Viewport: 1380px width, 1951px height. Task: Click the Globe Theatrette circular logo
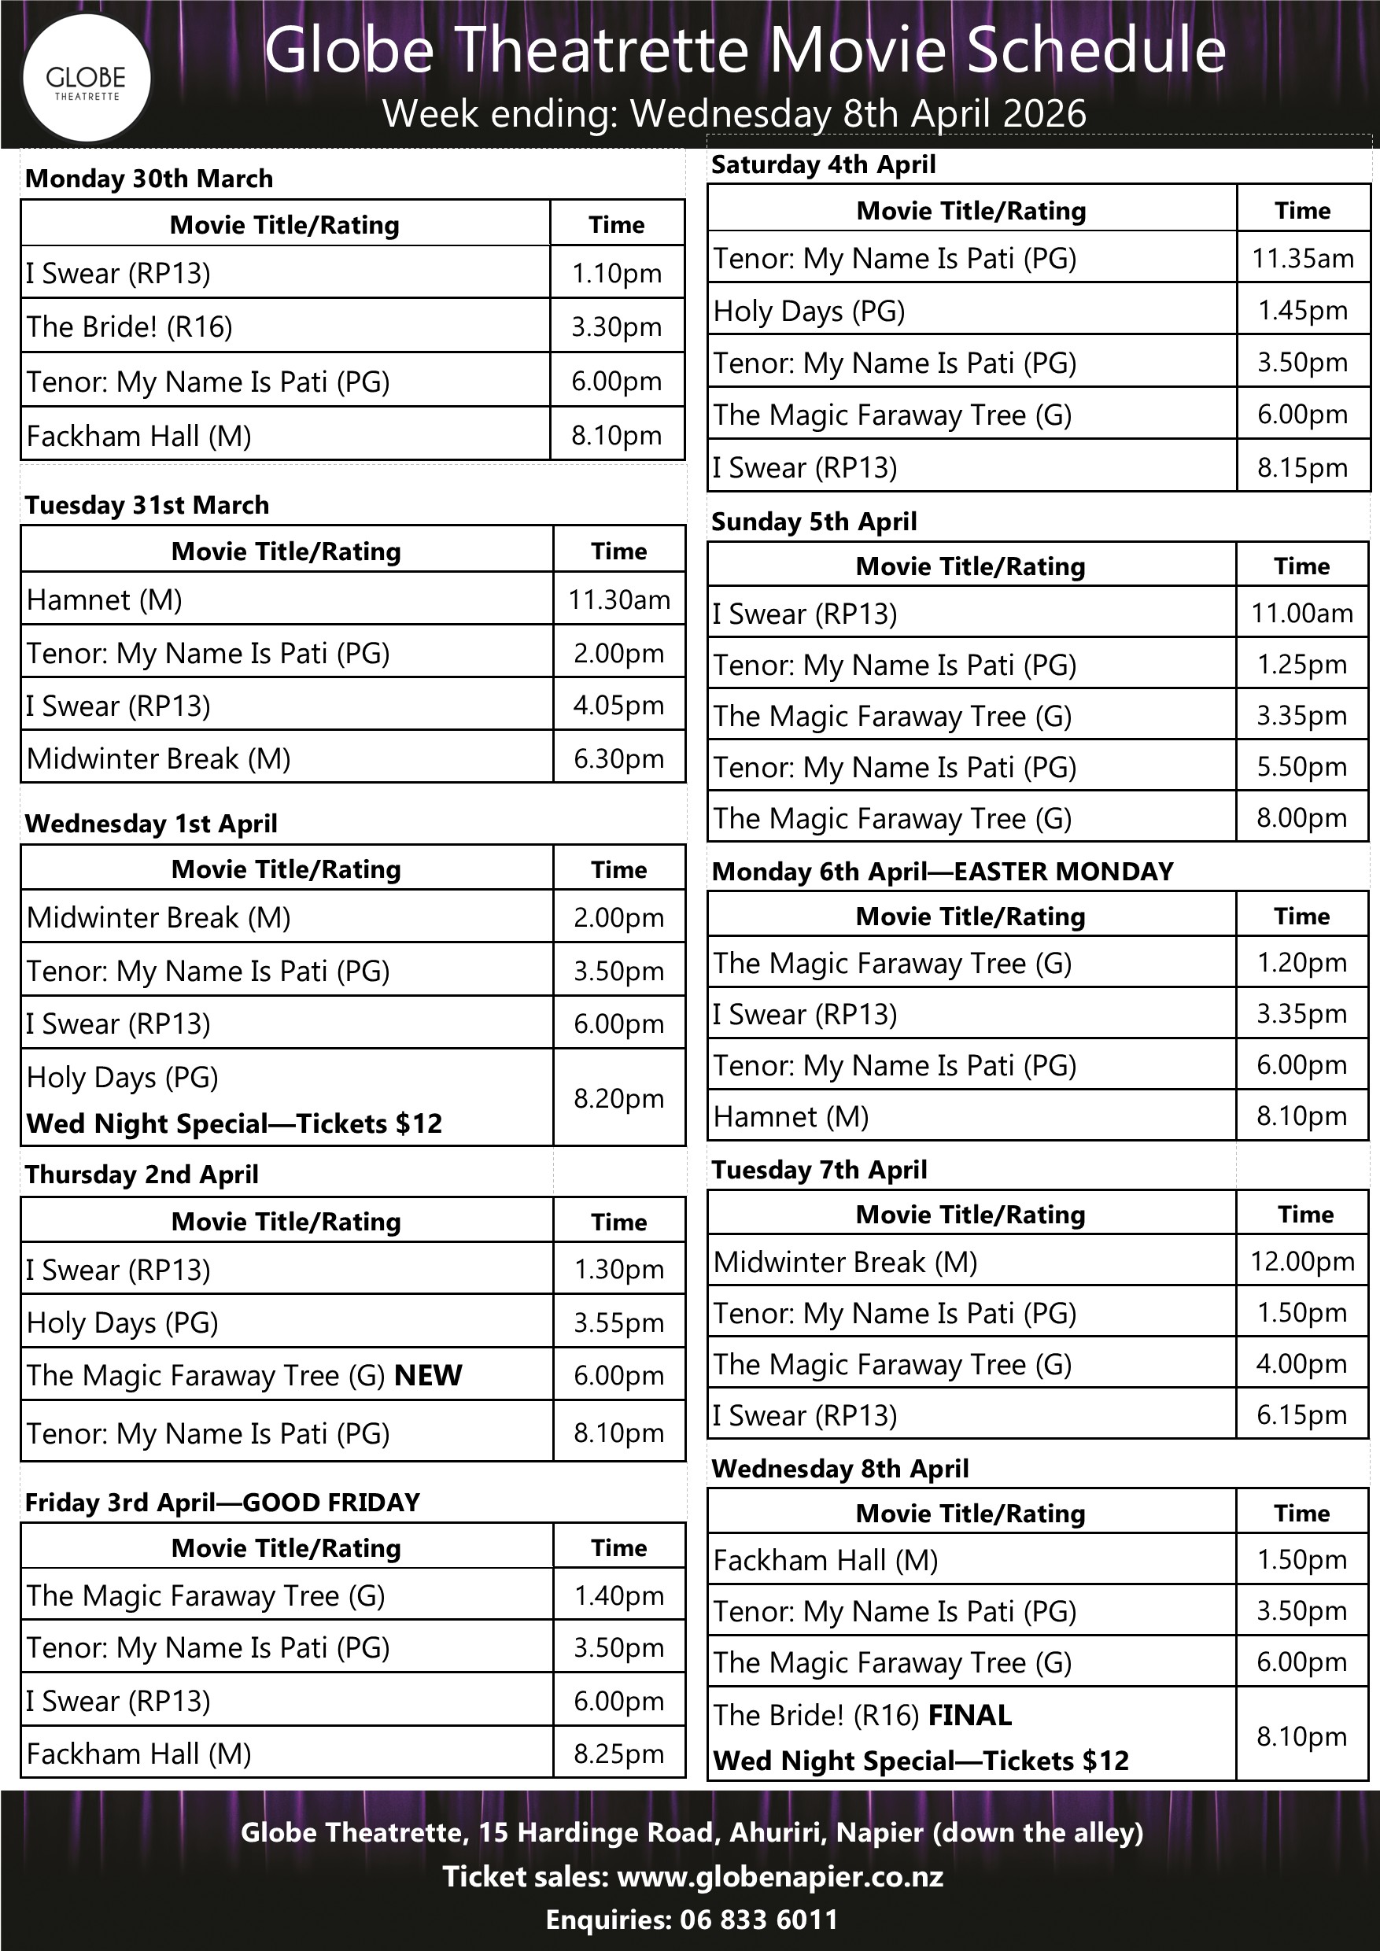point(85,78)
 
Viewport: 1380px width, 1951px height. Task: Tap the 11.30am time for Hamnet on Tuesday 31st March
point(618,600)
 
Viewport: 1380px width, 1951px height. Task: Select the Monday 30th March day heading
point(149,179)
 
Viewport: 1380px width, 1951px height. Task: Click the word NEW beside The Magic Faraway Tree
point(428,1375)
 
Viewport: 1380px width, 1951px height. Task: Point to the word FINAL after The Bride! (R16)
point(969,1715)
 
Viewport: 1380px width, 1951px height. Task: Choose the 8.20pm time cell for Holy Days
point(618,1098)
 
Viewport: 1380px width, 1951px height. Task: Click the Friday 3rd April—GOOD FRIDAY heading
point(222,1503)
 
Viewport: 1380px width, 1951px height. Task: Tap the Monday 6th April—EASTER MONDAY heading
point(942,871)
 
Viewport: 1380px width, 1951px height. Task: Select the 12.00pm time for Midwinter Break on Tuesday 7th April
point(1302,1262)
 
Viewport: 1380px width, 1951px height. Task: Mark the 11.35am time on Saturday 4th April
point(1303,257)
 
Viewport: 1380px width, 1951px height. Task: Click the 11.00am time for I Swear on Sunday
point(1302,613)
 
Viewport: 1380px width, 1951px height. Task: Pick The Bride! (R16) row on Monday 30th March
point(129,326)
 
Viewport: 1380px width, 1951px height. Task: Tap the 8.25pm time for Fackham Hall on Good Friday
point(618,1753)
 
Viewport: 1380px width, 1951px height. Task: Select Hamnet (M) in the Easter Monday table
point(790,1116)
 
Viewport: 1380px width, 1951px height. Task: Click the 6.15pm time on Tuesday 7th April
point(1302,1414)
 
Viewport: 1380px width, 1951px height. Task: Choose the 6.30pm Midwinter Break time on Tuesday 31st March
point(618,758)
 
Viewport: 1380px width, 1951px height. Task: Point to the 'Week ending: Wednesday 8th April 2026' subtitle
point(734,113)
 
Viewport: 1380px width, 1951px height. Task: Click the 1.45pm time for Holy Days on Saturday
point(1303,310)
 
